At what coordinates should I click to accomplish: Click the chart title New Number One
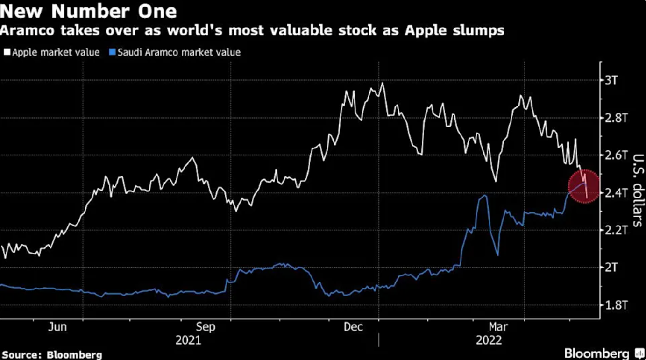89,11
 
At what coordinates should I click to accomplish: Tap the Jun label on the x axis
57,327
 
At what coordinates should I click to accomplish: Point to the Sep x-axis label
205,327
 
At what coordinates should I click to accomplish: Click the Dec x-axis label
354,327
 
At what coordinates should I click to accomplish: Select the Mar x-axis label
498,327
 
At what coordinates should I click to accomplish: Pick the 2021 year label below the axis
188,340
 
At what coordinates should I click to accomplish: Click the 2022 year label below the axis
489,340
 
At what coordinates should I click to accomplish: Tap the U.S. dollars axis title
638,190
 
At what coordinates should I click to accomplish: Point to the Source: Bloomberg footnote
52,355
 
